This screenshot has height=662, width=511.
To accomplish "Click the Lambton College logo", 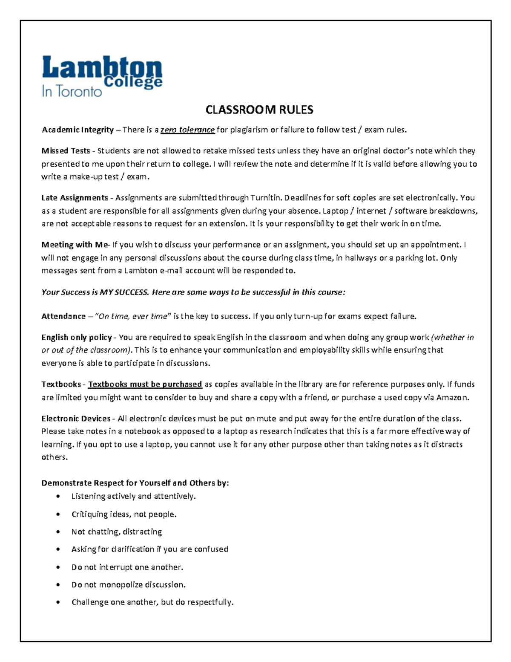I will (102, 76).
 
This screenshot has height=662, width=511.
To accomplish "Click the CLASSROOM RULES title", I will (259, 110).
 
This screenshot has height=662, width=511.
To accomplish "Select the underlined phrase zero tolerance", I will (187, 130).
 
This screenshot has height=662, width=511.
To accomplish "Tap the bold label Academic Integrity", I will (78, 130).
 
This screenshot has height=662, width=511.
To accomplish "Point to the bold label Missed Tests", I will (66, 151).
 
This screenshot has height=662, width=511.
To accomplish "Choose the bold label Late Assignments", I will (75, 198).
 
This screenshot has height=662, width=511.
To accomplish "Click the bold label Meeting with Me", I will (75, 245).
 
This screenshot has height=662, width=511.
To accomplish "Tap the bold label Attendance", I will (63, 316).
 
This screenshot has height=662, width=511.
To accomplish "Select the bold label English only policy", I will (77, 338).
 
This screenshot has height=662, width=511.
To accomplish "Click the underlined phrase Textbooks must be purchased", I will (145, 384).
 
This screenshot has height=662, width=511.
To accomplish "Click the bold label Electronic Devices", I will (76, 419).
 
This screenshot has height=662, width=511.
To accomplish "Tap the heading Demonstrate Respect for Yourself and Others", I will (135, 483).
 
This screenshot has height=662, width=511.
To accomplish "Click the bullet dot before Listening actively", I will (58, 497).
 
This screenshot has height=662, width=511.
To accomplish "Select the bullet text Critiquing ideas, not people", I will (123, 515).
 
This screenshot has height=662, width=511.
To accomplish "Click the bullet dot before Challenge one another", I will (58, 603).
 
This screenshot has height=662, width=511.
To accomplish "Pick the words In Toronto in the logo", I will (72, 91).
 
